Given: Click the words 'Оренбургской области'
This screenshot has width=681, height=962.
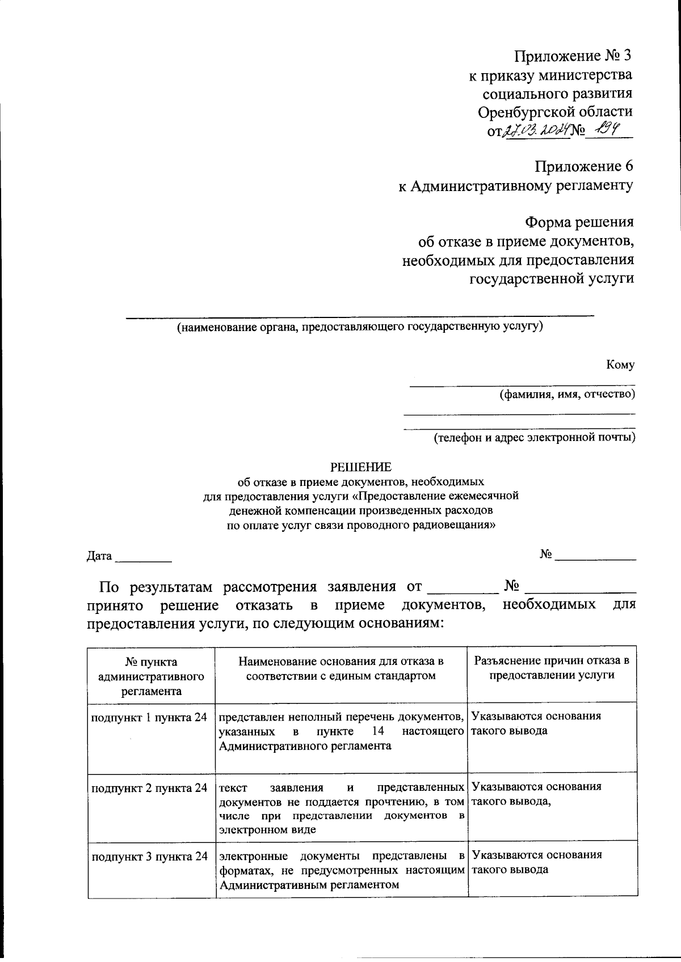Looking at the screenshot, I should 554,112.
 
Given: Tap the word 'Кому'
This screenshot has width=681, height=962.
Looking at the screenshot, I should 620,365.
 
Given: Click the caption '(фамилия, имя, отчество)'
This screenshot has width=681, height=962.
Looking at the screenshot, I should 566,394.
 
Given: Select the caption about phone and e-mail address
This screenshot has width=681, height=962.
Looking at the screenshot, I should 534,437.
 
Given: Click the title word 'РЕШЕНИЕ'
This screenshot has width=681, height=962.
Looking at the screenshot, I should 361,467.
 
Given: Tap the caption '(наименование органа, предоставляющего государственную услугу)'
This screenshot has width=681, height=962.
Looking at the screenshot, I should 360,327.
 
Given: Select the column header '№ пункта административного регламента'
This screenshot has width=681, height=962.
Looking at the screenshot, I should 151,676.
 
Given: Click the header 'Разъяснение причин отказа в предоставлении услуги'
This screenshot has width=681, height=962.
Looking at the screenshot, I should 552,668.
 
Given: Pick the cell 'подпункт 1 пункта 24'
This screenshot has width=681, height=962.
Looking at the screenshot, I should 149,717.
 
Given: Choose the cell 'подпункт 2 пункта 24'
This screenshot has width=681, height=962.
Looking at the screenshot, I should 149,788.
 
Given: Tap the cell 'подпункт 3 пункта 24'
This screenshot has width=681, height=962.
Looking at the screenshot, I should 149,856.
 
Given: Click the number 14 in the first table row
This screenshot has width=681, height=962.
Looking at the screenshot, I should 378,731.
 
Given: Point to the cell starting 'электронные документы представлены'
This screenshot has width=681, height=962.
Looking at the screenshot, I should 341,870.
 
